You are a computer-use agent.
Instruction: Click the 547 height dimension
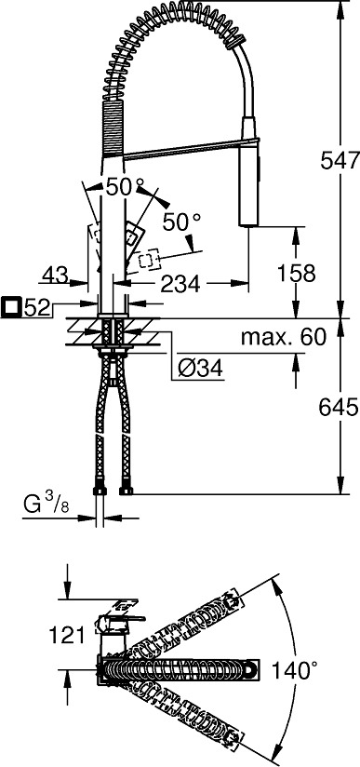pyautogui.click(x=340, y=160)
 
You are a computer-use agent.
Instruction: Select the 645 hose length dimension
pyautogui.click(x=339, y=407)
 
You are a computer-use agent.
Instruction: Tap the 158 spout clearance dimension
pyautogui.click(x=296, y=273)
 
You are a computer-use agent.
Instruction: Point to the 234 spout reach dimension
pyautogui.click(x=180, y=284)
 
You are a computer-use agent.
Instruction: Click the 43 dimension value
pyautogui.click(x=55, y=276)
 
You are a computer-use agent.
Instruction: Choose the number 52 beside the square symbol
pyautogui.click(x=37, y=308)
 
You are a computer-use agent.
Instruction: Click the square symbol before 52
pyautogui.click(x=11, y=308)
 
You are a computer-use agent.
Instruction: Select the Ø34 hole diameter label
pyautogui.click(x=201, y=370)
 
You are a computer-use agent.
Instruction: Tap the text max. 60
pyautogui.click(x=283, y=337)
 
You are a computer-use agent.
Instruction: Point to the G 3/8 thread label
pyautogui.click(x=47, y=504)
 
